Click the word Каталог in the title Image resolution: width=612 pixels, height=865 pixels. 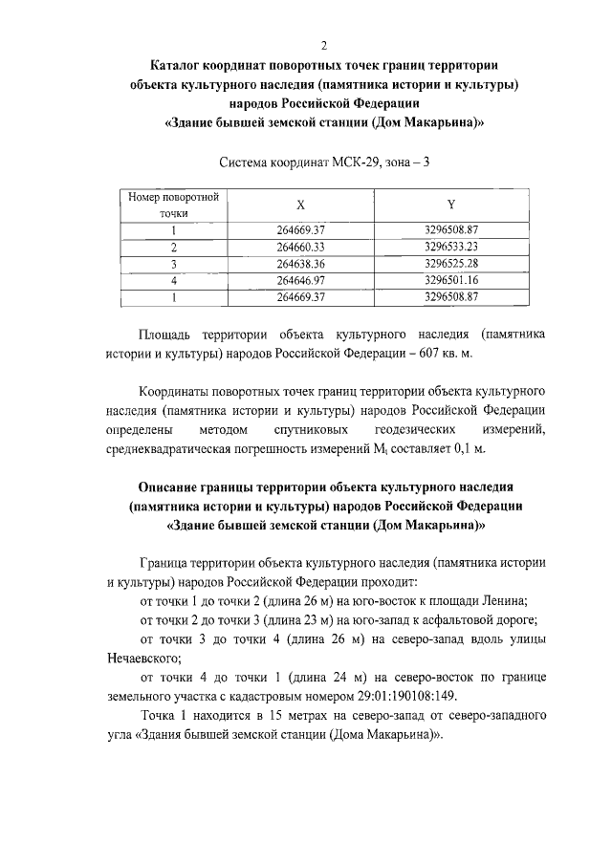point(178,65)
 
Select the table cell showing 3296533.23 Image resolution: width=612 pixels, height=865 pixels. point(450,247)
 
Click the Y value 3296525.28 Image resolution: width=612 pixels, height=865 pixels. point(450,263)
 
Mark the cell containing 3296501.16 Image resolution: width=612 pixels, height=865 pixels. point(450,280)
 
